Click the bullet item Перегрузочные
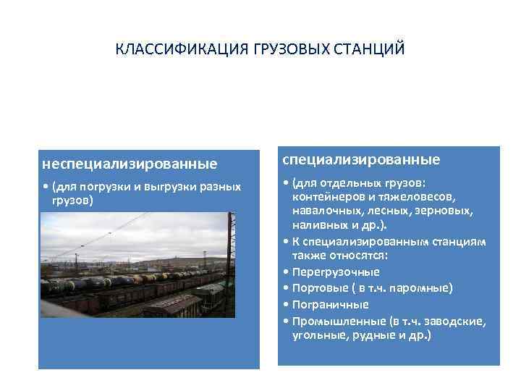pyautogui.click(x=336, y=272)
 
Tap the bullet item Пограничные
pyautogui.click(x=331, y=304)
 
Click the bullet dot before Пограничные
pyautogui.click(x=288, y=305)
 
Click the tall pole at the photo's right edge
pyautogui.click(x=232, y=261)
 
